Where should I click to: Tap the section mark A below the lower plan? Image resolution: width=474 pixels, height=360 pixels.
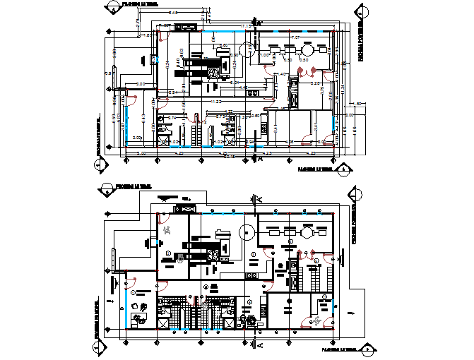coord(259,345)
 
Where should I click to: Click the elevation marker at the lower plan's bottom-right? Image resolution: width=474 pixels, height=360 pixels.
coord(367,349)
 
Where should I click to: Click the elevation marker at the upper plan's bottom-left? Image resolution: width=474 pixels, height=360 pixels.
coord(98,165)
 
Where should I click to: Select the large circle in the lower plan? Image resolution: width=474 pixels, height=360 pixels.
coord(247,232)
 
